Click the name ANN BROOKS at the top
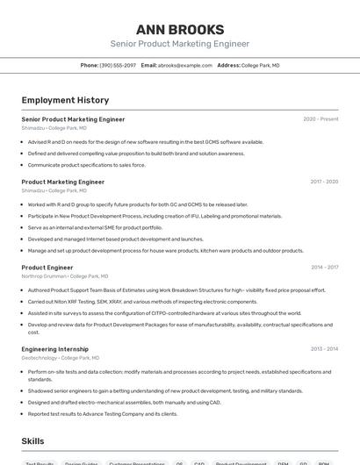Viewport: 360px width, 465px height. pos(179,29)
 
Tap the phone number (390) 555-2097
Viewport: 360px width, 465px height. pos(118,65)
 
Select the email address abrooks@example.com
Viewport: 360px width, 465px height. pos(184,65)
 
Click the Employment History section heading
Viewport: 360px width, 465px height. pos(65,100)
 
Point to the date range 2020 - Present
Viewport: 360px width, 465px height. pos(320,119)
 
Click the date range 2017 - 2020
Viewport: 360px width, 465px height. pos(324,182)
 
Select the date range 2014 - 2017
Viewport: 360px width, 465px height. pos(324,268)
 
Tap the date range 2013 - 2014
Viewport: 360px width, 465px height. pos(324,349)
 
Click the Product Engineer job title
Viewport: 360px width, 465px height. pos(47,268)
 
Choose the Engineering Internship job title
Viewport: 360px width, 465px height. pos(54,349)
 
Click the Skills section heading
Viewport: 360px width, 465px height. pos(32,441)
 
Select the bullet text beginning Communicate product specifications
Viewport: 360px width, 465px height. pos(87,165)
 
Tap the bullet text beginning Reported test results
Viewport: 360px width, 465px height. pos(102,414)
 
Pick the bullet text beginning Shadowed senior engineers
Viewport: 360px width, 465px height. pos(153,391)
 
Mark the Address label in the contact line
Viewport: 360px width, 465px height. pos(228,65)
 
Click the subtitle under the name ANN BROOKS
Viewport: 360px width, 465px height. pos(179,44)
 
